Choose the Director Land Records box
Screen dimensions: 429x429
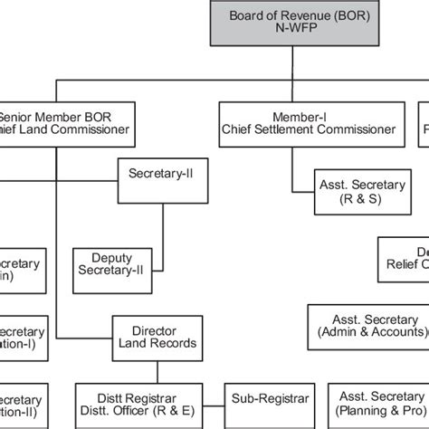point(153,337)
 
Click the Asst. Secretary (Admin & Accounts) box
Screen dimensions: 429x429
point(367,326)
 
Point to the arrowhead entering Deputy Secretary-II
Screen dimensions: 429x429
point(157,268)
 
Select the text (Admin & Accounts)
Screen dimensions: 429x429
point(367,333)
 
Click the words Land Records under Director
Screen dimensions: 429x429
point(153,344)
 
